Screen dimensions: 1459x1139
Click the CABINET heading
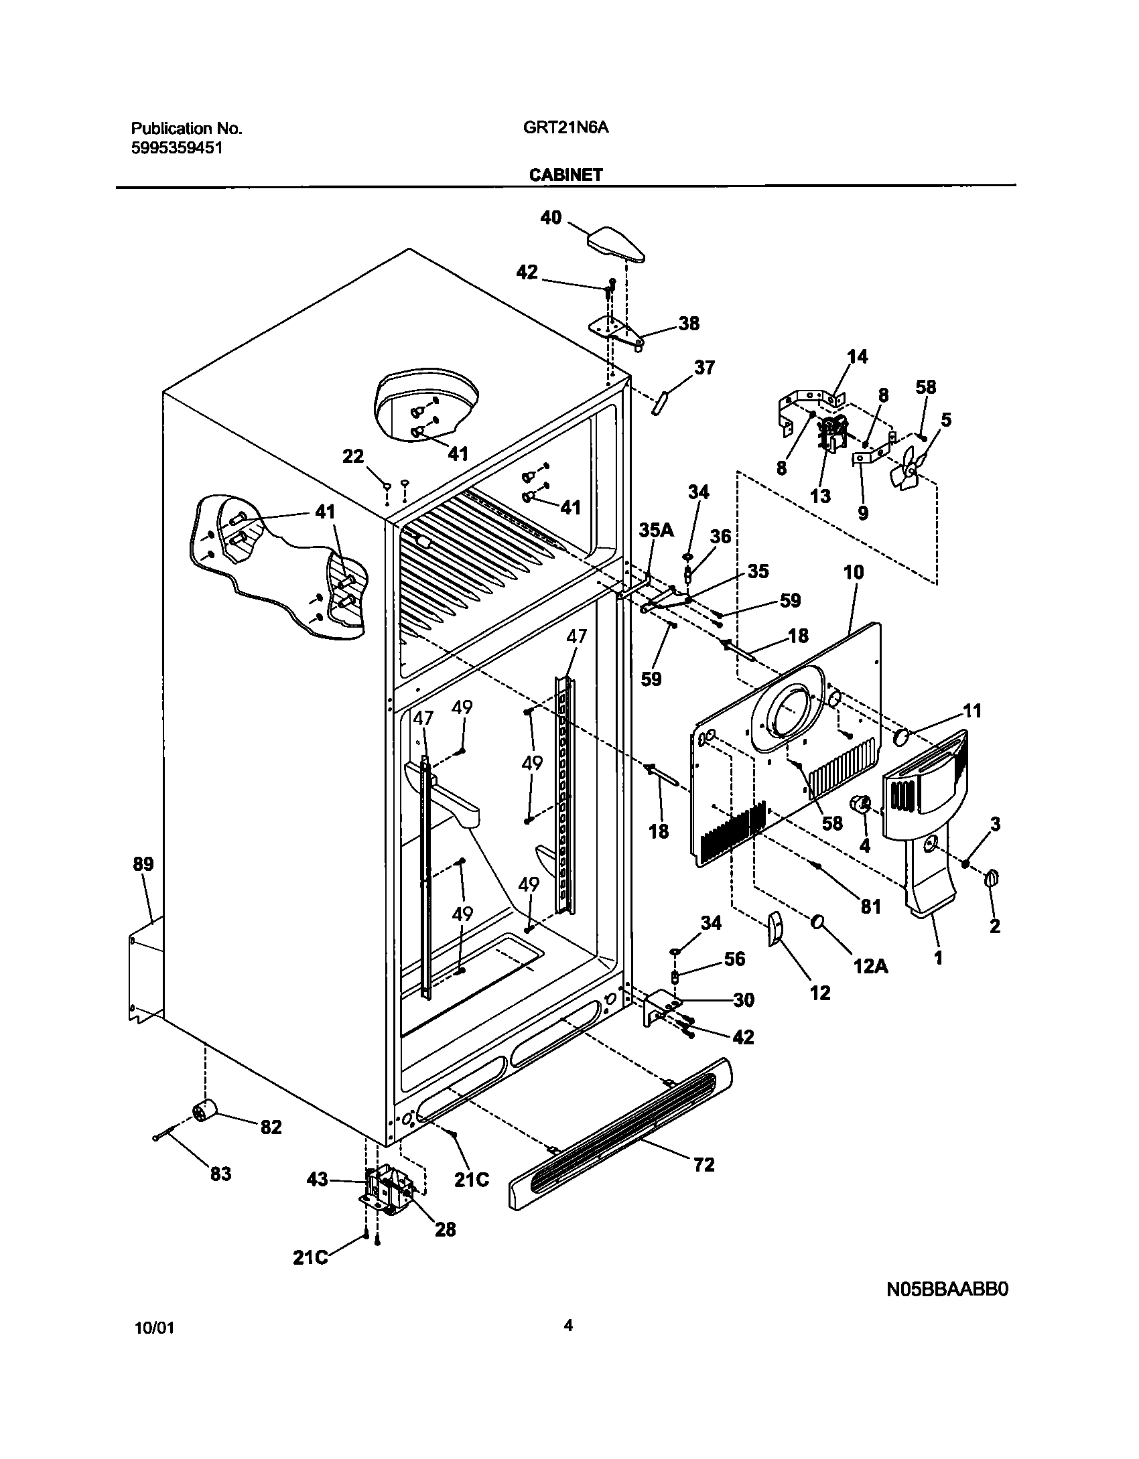[565, 175]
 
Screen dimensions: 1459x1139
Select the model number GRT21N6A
[565, 128]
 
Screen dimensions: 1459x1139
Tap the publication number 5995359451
[176, 148]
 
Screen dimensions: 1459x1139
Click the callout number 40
[551, 218]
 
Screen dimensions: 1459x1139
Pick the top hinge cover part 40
[616, 246]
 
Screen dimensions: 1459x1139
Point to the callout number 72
[705, 1164]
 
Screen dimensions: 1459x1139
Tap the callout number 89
[143, 864]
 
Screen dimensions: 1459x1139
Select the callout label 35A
[656, 531]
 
